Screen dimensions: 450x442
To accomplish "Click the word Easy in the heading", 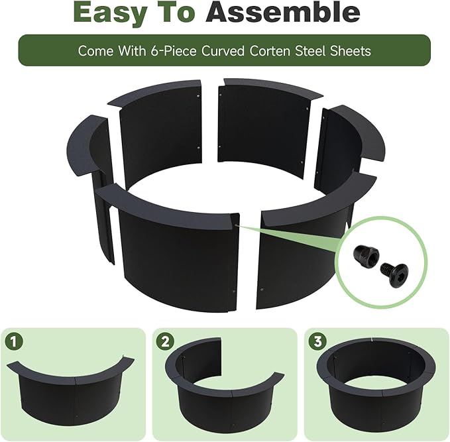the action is (109, 12).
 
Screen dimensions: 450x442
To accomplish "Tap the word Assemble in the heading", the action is (283, 12).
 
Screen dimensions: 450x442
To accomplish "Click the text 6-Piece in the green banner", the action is (174, 51).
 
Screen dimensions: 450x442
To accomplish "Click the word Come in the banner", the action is (95, 51).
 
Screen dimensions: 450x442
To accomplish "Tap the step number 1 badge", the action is (14, 341).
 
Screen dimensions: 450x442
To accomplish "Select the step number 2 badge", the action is (165, 341).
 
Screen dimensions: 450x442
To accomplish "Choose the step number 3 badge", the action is (317, 341).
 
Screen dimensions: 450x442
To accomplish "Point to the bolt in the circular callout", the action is (394, 274).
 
